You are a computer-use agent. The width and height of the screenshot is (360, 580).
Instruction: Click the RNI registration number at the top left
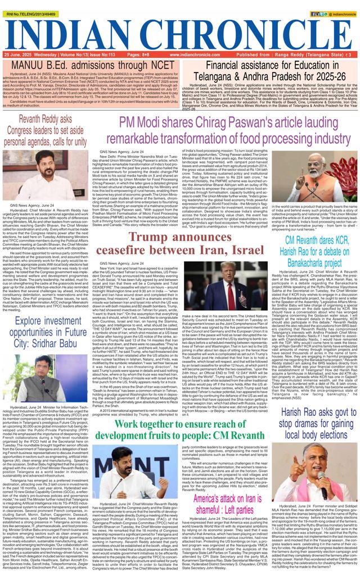click(x=29, y=4)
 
